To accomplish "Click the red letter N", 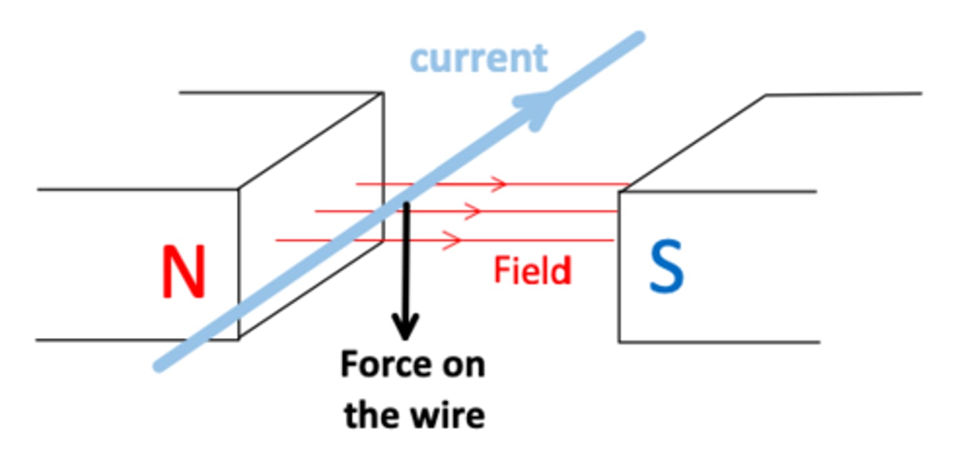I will tap(183, 272).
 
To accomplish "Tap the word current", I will tap(478, 58).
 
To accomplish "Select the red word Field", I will tap(532, 270).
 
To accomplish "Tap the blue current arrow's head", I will tap(541, 108).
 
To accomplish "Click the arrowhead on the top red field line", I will tap(500, 183).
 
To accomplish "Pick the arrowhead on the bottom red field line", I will tap(455, 240).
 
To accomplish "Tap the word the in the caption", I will tap(368, 414).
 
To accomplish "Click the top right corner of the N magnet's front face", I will tap(239, 189).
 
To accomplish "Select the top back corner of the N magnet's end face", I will tap(383, 93).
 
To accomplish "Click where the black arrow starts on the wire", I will tap(405, 203).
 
